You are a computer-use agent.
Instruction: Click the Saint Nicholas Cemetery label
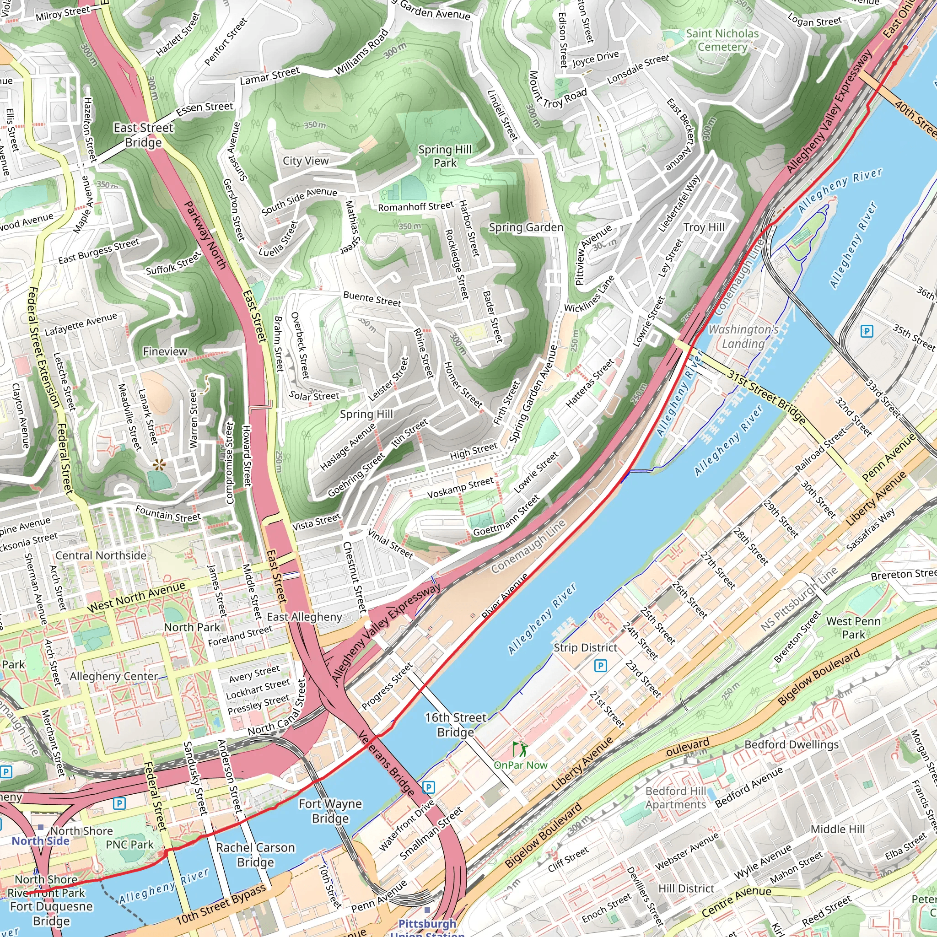[722, 40]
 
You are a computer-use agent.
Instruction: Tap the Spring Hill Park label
[445, 156]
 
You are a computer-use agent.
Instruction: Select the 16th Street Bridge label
[455, 725]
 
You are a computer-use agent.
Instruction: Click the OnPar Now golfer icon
[519, 749]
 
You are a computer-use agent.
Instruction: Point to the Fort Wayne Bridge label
[330, 811]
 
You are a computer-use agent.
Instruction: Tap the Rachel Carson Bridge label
[255, 855]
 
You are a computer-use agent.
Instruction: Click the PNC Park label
[129, 845]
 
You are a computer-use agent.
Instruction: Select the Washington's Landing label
[743, 337]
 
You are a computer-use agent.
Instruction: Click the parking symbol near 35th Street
[866, 332]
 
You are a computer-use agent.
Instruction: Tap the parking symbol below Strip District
[600, 665]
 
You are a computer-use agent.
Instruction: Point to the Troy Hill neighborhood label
[704, 227]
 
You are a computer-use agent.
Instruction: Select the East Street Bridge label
[144, 135]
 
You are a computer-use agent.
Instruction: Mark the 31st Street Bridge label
[766, 396]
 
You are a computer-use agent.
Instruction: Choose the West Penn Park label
[853, 628]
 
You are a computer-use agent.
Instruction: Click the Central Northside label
[101, 555]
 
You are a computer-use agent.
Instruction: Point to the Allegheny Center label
[114, 676]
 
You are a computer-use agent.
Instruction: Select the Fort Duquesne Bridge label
[51, 913]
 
